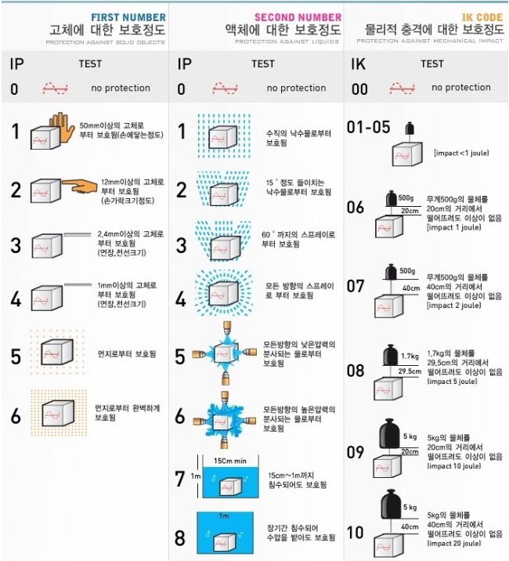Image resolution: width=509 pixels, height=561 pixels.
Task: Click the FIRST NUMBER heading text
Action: (128, 16)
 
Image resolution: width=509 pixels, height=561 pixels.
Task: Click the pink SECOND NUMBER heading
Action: (298, 16)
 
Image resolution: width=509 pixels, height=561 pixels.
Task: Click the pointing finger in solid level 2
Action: (78, 186)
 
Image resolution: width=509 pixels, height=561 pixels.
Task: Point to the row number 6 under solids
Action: (16, 415)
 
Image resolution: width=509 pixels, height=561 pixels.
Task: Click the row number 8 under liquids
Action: (180, 538)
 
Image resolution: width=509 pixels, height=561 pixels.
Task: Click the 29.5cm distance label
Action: (409, 371)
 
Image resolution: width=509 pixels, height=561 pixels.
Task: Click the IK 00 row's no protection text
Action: (460, 88)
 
